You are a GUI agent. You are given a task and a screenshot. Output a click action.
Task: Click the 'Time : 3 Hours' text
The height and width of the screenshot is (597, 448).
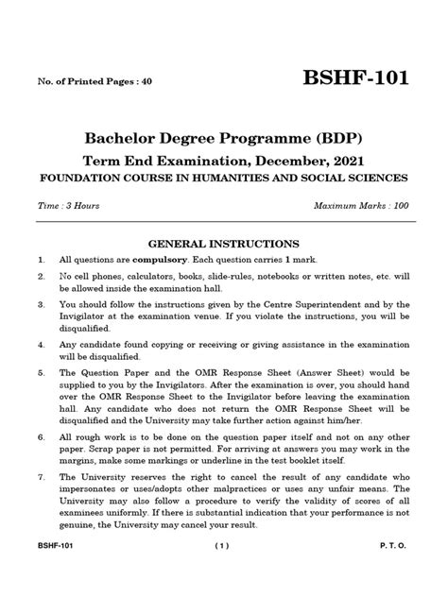[x=69, y=206]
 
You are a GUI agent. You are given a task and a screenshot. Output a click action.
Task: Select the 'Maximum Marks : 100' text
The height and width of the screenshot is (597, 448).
[x=363, y=206]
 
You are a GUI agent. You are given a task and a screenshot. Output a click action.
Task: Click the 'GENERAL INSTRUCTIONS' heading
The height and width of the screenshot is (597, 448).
[x=224, y=243]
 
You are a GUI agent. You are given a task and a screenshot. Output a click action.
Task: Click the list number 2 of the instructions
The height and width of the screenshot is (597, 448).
[x=42, y=278]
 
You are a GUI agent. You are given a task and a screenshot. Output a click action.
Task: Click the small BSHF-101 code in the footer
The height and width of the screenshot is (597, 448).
[x=55, y=572]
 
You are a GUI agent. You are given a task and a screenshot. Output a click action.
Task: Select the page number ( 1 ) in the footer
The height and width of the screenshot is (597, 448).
[x=222, y=572]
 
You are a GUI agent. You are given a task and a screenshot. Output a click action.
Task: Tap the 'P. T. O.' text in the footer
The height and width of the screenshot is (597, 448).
[x=394, y=572]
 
